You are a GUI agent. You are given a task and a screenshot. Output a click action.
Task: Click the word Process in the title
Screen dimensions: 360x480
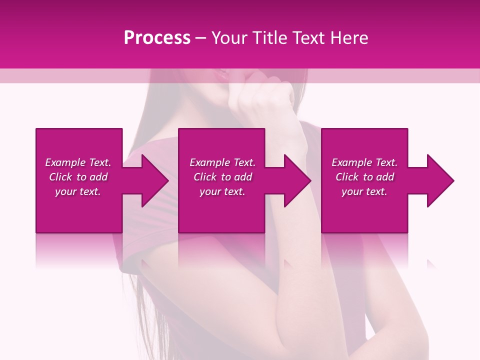pyautogui.click(x=157, y=38)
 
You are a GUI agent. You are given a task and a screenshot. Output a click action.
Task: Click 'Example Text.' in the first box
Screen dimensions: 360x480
pyautogui.click(x=78, y=162)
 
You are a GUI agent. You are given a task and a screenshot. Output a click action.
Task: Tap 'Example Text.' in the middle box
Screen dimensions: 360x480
pyautogui.click(x=222, y=162)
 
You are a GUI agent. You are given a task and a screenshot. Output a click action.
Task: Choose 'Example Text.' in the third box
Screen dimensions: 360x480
pyautogui.click(x=364, y=162)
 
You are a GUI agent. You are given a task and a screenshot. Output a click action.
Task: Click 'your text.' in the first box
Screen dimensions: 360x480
pyautogui.click(x=78, y=191)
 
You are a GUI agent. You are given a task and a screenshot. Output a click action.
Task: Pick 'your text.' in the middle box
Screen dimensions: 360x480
pyautogui.click(x=222, y=191)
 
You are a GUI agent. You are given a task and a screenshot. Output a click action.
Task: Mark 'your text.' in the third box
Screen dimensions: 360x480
pyautogui.click(x=364, y=191)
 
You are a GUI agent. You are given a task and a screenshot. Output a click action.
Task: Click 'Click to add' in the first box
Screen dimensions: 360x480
pyautogui.click(x=78, y=177)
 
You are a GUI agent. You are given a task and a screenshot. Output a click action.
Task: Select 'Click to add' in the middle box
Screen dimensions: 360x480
pyautogui.click(x=222, y=177)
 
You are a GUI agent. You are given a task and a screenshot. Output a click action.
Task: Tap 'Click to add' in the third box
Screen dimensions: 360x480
pyautogui.click(x=364, y=177)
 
